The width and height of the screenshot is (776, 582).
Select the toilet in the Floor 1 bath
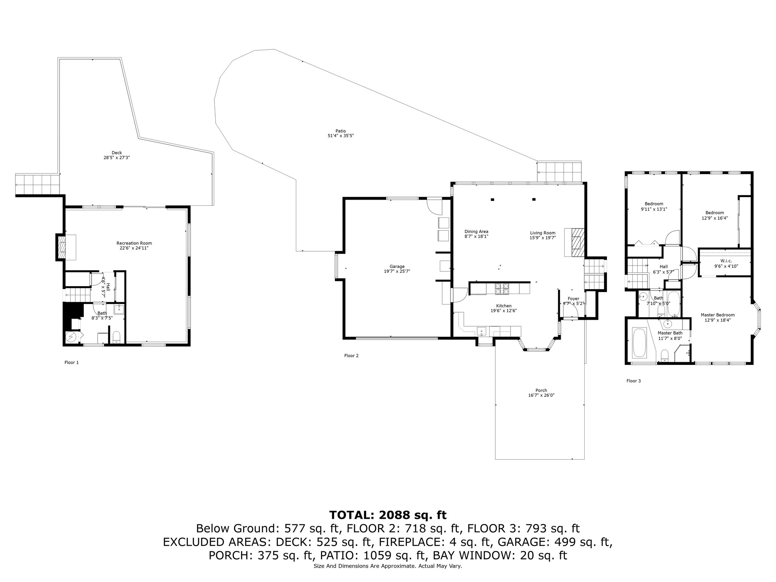[117, 337]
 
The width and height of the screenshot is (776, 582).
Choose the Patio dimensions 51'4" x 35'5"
[341, 136]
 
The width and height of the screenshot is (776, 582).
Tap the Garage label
[397, 266]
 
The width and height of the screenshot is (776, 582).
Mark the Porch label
[541, 390]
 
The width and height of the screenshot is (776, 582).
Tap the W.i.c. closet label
[726, 261]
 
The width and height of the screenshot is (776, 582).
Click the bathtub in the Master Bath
[640, 343]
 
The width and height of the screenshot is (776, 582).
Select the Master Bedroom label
[718, 315]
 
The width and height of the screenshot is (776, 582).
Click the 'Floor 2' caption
[351, 356]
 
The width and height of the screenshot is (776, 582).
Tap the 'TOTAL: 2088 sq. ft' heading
[388, 515]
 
